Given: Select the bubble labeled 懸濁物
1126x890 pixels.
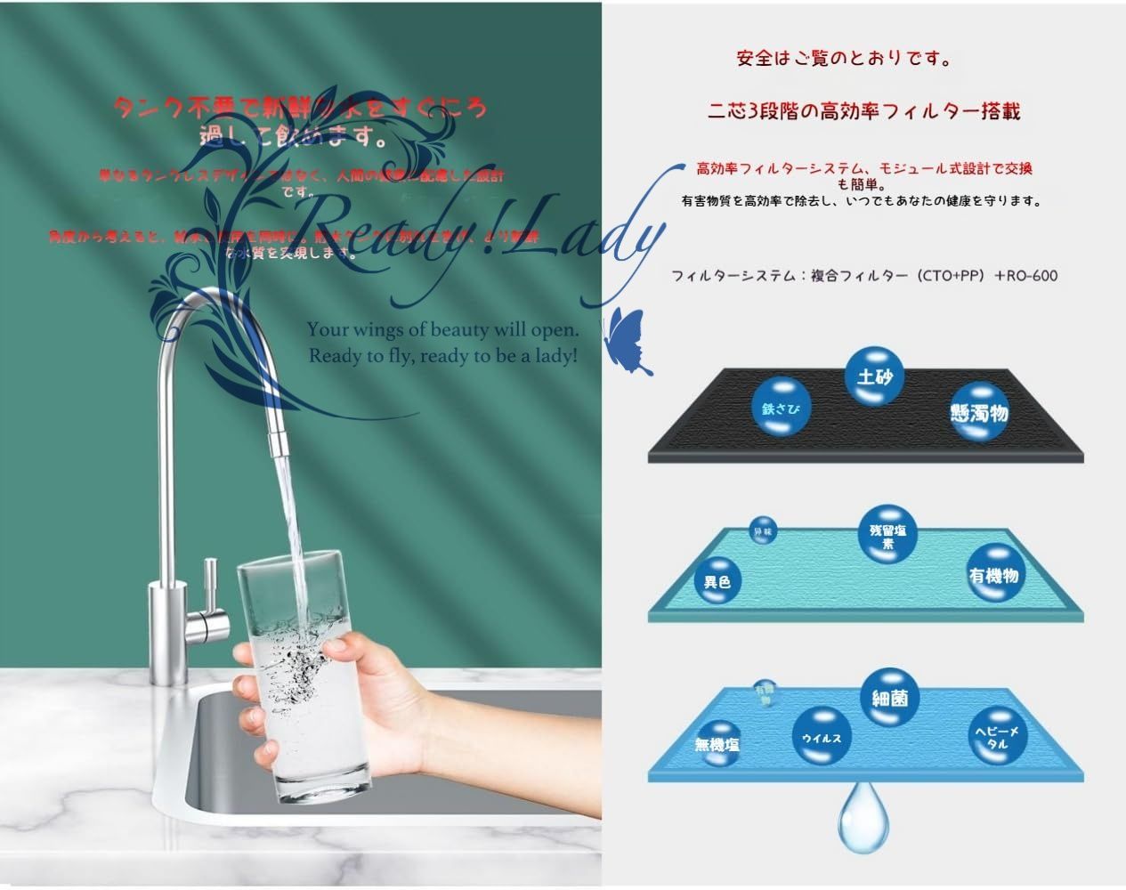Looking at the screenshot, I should click(978, 413).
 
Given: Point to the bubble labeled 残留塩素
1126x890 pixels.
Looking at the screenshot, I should click(887, 537).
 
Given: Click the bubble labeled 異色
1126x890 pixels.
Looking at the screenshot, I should click(717, 581).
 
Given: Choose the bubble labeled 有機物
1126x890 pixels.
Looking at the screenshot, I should click(993, 576).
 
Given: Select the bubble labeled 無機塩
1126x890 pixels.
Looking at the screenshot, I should click(717, 743).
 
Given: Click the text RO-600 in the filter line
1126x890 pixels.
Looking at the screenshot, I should click(1033, 276).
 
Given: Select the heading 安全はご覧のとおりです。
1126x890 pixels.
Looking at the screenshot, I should click(844, 60).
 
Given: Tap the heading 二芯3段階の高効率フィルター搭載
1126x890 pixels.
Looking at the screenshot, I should click(863, 111).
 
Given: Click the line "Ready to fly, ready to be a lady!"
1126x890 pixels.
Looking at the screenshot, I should click(443, 356).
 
